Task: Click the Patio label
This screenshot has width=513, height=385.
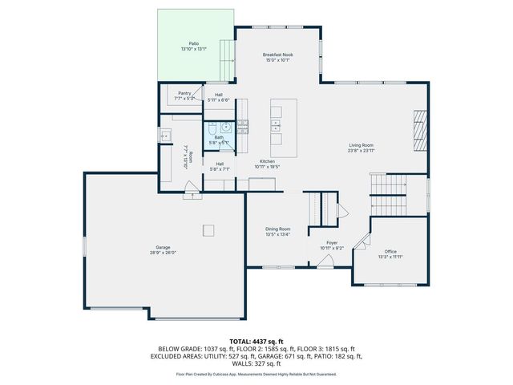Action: tap(194, 43)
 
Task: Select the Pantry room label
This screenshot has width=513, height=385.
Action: tap(184, 94)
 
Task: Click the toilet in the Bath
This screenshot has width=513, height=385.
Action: tap(210, 128)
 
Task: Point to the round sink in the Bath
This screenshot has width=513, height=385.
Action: tap(226, 127)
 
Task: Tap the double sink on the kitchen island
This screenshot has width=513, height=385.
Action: tap(276, 126)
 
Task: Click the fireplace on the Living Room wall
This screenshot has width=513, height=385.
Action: tap(419, 128)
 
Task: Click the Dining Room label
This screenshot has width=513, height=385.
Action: tap(278, 229)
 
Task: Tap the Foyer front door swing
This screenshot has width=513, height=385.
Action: tap(325, 261)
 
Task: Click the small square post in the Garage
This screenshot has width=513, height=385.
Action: tap(208, 230)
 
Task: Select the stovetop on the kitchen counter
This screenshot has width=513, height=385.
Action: tap(241, 126)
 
